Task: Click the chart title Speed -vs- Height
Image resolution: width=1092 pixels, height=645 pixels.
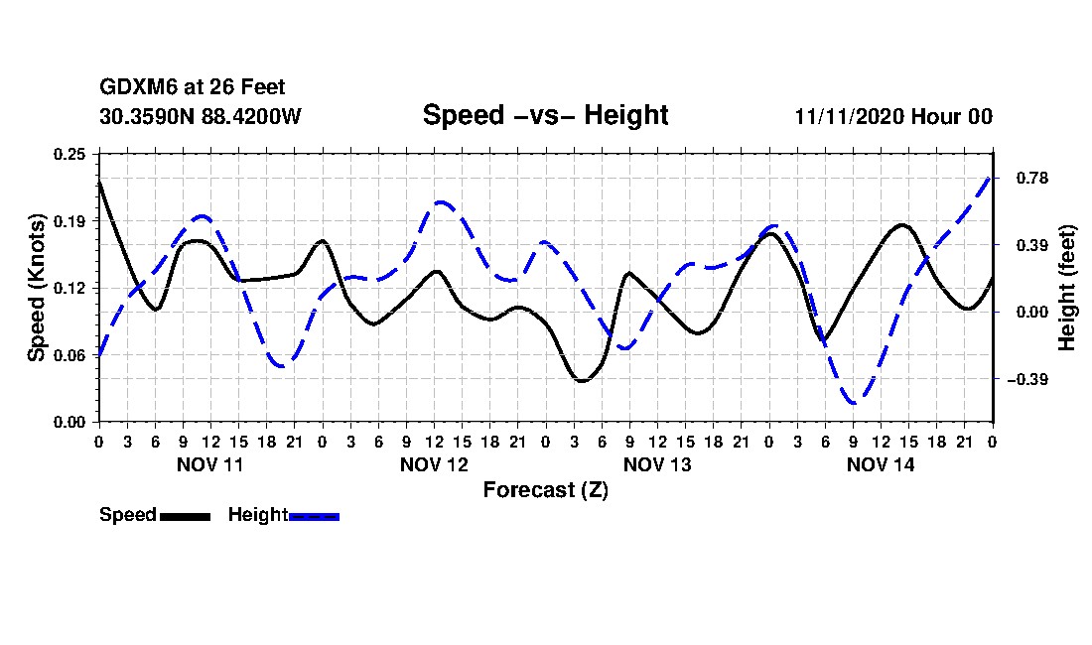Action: [545, 115]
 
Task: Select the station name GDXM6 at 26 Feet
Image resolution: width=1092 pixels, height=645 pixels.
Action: [193, 88]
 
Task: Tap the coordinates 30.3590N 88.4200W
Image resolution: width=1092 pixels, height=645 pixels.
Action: [201, 116]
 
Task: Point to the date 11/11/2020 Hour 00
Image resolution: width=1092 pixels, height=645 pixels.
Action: [893, 116]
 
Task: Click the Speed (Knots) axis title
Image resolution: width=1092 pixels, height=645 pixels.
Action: [37, 288]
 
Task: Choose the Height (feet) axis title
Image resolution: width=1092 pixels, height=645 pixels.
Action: [1068, 288]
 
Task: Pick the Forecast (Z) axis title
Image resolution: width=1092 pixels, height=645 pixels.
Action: [545, 489]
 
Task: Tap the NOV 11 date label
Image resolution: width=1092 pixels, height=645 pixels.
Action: [210, 464]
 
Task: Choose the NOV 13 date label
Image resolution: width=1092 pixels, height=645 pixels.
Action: [657, 464]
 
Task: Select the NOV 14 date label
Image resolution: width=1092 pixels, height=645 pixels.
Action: [881, 464]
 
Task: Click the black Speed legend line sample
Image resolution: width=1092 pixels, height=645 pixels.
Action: [185, 516]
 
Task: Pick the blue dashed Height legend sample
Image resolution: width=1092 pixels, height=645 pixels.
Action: [315, 516]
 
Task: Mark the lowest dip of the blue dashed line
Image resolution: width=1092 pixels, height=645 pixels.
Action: [854, 403]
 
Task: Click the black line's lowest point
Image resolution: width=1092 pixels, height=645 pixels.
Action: [582, 381]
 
